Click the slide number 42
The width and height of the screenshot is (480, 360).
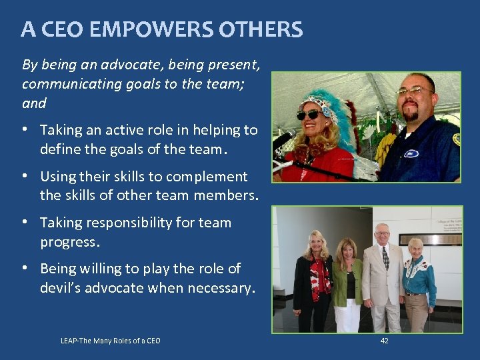click(384, 341)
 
